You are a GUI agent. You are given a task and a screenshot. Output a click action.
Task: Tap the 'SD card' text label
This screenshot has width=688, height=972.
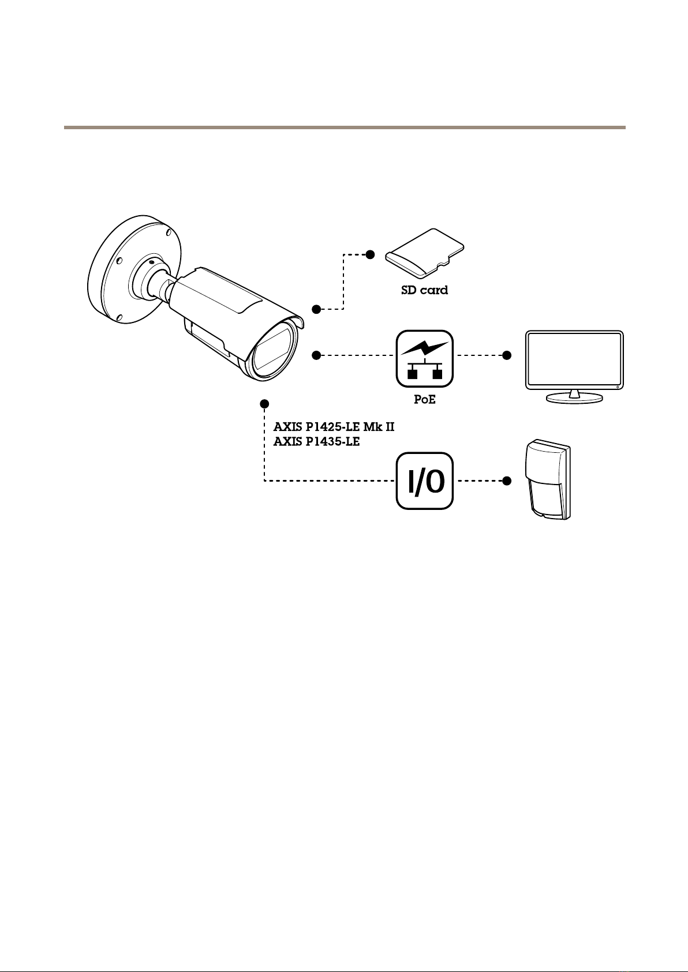point(424,290)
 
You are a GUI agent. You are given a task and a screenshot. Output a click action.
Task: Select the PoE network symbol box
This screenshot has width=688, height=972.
point(424,358)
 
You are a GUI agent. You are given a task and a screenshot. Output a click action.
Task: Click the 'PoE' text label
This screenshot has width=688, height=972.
point(424,399)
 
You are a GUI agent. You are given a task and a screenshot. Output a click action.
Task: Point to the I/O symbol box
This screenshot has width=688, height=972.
point(424,481)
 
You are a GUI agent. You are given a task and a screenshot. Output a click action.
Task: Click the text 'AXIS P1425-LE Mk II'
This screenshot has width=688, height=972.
point(333,427)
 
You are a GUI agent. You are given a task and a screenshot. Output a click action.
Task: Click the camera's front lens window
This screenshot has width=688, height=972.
point(274,352)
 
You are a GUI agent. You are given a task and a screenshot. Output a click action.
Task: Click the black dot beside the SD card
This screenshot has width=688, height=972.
point(371,254)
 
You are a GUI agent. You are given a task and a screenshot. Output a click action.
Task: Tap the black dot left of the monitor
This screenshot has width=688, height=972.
point(507,355)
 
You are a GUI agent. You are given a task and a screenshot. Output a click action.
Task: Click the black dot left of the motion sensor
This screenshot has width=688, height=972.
point(507,481)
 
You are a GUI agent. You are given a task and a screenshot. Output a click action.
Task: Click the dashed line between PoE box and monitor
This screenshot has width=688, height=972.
point(480,355)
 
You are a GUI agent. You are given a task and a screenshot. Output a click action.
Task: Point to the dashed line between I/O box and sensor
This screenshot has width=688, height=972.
point(480,481)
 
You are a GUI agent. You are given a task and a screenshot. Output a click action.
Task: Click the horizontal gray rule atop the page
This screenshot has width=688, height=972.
point(344,126)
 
